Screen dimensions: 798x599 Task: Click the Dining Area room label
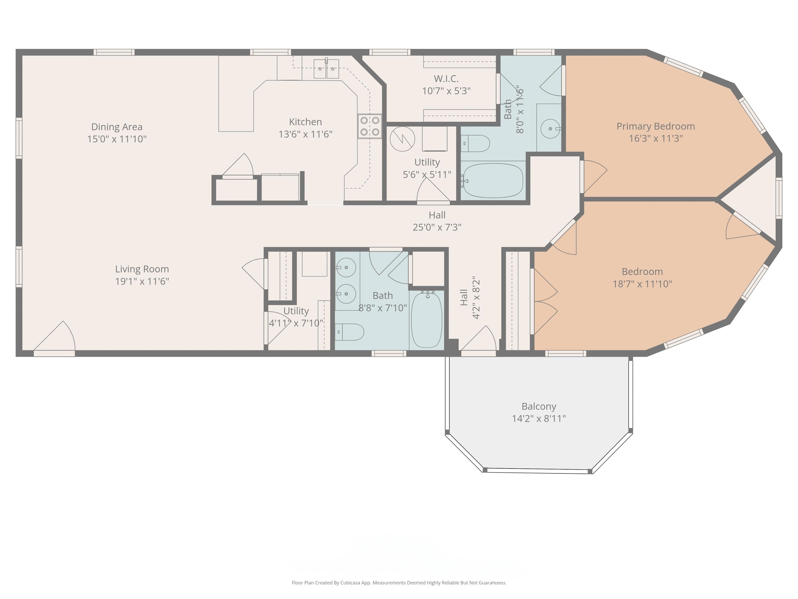click(117, 127)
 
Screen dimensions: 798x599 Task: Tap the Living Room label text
click(142, 269)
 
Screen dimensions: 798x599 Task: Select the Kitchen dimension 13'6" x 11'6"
click(305, 134)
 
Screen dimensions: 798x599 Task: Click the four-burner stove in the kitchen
click(370, 126)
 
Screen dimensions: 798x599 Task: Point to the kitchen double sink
click(326, 69)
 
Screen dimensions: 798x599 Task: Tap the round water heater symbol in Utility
click(402, 139)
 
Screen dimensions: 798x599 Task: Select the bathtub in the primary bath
click(493, 180)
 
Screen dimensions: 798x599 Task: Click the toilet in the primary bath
click(475, 143)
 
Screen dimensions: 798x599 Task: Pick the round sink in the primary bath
click(550, 129)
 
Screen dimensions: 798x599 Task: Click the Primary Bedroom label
click(656, 126)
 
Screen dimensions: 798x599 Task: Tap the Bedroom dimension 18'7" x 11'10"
click(642, 284)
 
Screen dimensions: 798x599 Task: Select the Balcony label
click(539, 407)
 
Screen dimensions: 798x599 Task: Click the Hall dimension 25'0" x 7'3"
click(437, 227)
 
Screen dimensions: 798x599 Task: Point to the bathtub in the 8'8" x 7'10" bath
click(426, 320)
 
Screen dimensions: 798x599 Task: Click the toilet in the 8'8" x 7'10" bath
click(349, 332)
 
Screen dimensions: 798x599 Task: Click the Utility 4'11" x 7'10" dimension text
click(296, 323)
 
